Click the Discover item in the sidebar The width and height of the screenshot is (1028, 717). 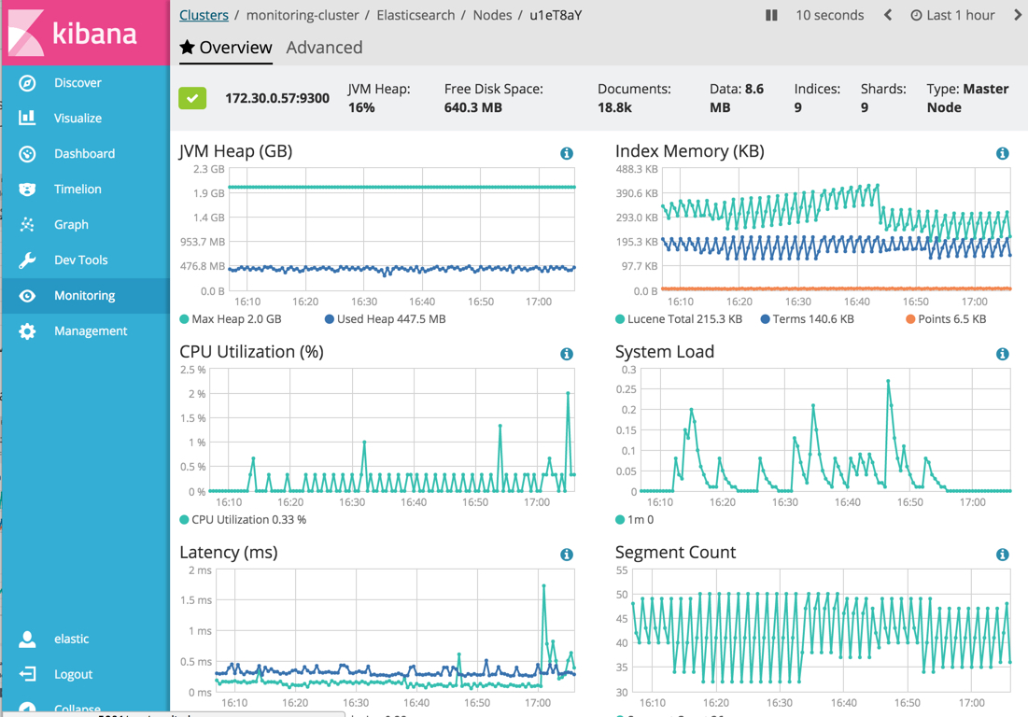coord(77,83)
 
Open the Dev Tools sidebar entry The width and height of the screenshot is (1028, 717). coord(79,260)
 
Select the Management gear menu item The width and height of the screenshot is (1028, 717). coord(89,331)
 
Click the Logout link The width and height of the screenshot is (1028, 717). coord(72,674)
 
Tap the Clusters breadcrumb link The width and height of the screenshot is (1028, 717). coord(204,15)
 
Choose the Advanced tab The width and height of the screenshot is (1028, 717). coord(324,48)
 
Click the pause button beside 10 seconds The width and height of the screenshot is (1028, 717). coord(771,15)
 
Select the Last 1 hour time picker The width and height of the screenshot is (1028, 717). coord(952,15)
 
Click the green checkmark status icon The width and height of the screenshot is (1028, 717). coord(192,98)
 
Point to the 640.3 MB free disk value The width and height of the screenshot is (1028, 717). coord(473,107)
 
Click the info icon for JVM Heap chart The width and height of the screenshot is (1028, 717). coord(567,153)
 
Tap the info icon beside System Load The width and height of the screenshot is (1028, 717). coord(1002,354)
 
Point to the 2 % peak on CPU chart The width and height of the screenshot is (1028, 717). coord(568,393)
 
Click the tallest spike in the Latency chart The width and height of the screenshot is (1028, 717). coord(544,586)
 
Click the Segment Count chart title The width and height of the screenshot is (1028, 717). coord(675,553)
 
